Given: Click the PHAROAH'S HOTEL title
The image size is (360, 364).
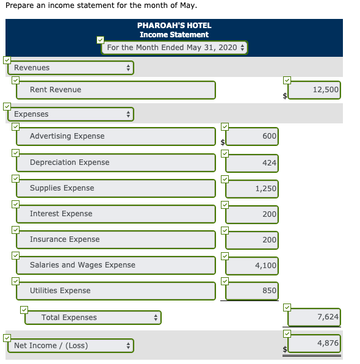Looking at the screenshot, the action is [174, 26].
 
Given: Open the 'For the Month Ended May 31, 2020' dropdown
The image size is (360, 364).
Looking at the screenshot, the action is [175, 48].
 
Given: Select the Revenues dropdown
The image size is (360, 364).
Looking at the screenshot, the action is [71, 68].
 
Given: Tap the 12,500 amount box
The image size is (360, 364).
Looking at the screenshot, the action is [314, 90].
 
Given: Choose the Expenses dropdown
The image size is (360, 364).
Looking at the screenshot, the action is [71, 114].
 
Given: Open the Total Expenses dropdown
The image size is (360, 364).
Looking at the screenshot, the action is [93, 318].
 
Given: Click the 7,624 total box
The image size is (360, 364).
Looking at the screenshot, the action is [314, 317].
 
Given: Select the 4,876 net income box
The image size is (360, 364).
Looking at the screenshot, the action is [314, 343].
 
